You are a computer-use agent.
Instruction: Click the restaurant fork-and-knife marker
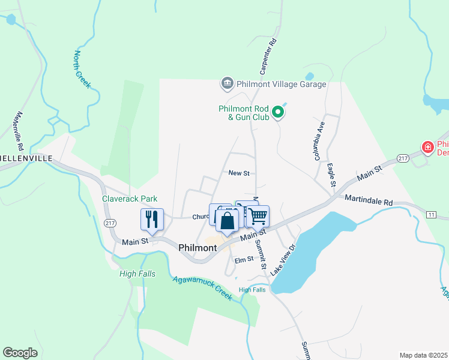[152, 219]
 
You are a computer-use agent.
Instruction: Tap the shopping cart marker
[259, 216]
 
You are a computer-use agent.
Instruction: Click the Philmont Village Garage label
[282, 84]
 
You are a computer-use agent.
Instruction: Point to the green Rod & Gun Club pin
[278, 112]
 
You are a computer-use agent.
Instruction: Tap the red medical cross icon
[427, 147]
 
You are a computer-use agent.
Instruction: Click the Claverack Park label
[129, 198]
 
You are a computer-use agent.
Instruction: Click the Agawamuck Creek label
[202, 288]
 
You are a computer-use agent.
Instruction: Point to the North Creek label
[82, 70]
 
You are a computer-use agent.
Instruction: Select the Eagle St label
[331, 176]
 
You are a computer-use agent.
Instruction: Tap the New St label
[238, 173]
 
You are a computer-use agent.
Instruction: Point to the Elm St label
[244, 260]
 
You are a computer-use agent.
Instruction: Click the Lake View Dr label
[283, 259]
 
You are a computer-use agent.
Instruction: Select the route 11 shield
[430, 214]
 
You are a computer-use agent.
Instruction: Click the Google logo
[20, 353]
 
